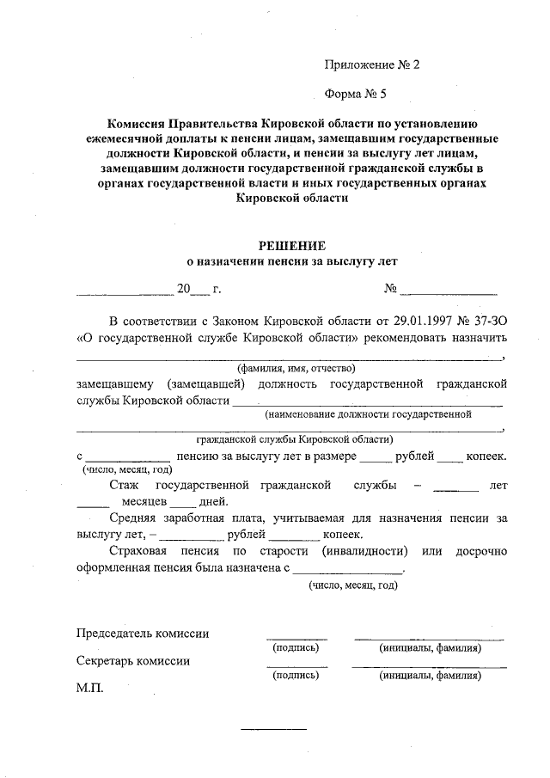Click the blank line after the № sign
pyautogui.click(x=448, y=294)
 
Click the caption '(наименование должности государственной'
pyautogui.click(x=368, y=414)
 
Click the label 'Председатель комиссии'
pyautogui.click(x=143, y=634)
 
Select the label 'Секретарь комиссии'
pyautogui.click(x=133, y=661)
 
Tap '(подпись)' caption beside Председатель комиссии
pyautogui.click(x=296, y=647)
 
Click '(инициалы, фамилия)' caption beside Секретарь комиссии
pyautogui.click(x=430, y=676)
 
